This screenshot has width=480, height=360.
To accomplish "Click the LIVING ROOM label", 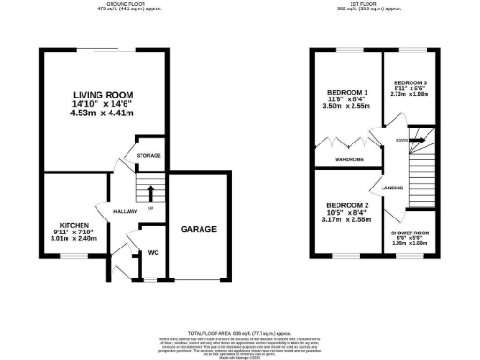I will point(104,95).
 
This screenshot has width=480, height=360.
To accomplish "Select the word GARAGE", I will point(199,228).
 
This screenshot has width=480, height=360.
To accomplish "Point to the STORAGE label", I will point(148,154).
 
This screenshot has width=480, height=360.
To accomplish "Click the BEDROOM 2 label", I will point(343,205).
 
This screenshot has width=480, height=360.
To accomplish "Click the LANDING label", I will point(393,187).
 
